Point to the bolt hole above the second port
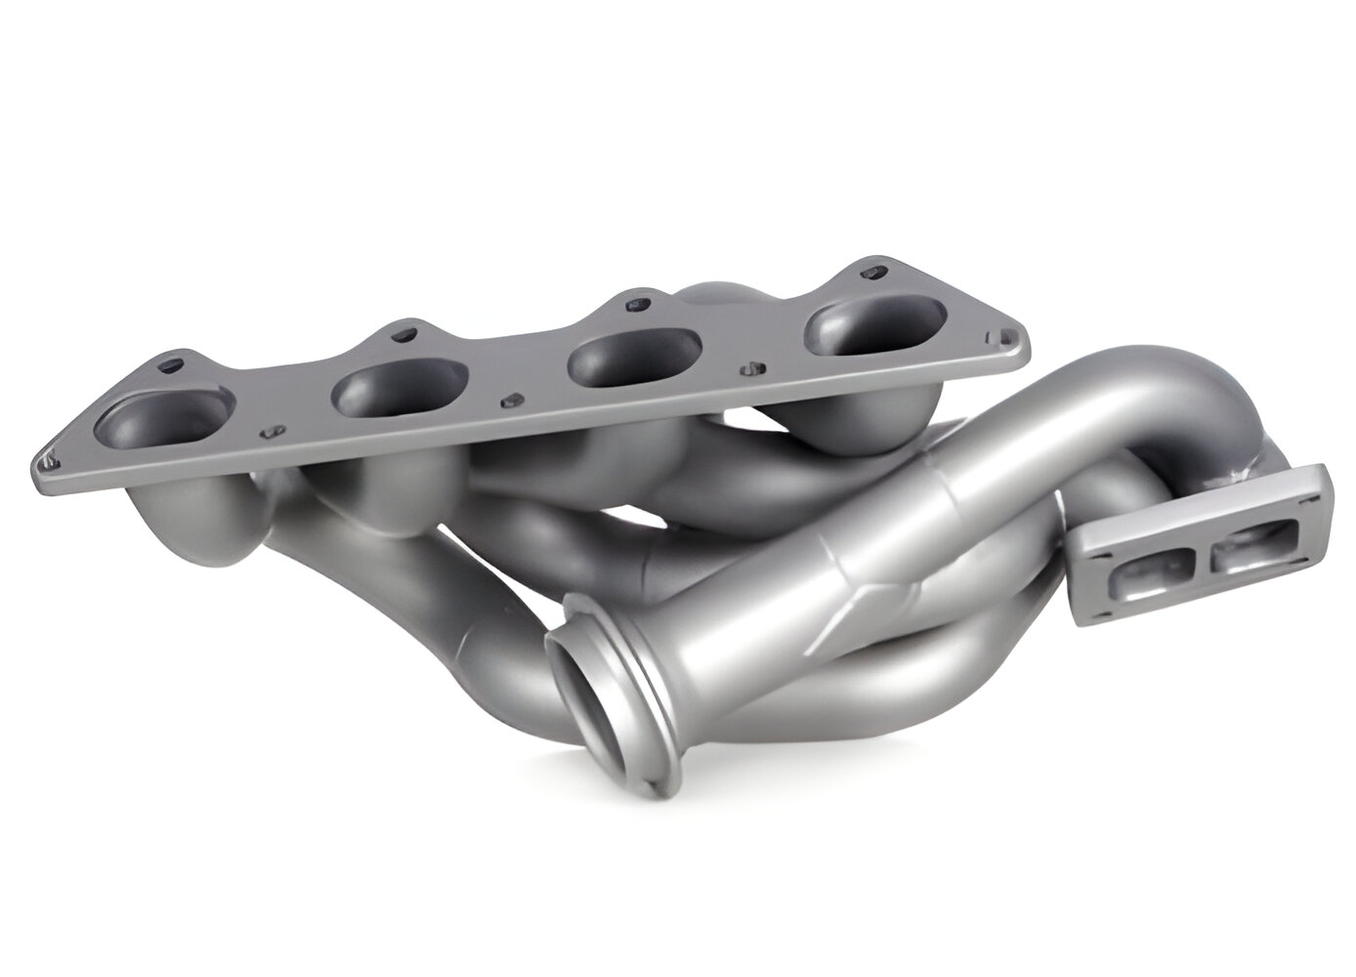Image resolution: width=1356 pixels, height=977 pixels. (x=401, y=335)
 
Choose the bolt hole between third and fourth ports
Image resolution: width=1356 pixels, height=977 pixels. (x=750, y=369)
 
